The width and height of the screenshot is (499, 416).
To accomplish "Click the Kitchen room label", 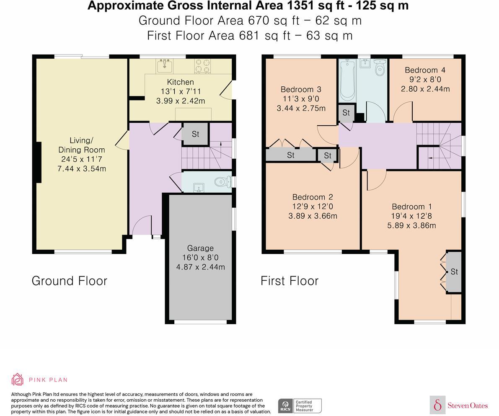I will (x=180, y=82).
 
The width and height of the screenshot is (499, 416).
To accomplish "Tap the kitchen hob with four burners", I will (x=202, y=66).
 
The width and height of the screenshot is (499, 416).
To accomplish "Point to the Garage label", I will (x=200, y=248).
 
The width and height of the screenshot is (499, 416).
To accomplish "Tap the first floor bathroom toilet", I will (x=380, y=68).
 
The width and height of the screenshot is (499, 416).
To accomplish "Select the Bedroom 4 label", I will (x=425, y=70).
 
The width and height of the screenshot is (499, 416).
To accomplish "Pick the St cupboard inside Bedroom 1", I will (x=454, y=271).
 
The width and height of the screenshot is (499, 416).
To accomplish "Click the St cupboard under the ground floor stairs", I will (x=195, y=134).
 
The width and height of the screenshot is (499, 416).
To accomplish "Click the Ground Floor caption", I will (x=70, y=281).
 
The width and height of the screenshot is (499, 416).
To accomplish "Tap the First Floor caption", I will (x=290, y=281).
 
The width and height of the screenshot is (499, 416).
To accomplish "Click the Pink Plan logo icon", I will (x=18, y=379).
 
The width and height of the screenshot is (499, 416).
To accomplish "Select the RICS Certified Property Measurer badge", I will (x=300, y=406).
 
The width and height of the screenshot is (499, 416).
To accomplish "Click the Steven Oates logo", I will (x=459, y=405).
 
